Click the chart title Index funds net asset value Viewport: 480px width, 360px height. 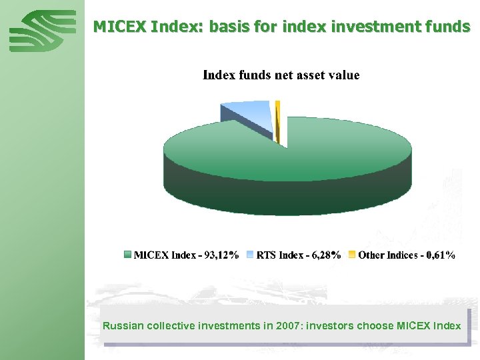click(x=281, y=75)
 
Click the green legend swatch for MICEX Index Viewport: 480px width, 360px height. click(x=128, y=255)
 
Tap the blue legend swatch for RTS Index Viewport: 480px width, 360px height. click(x=250, y=255)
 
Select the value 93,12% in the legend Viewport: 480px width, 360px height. click(x=222, y=255)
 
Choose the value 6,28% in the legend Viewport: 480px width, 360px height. click(x=327, y=255)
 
